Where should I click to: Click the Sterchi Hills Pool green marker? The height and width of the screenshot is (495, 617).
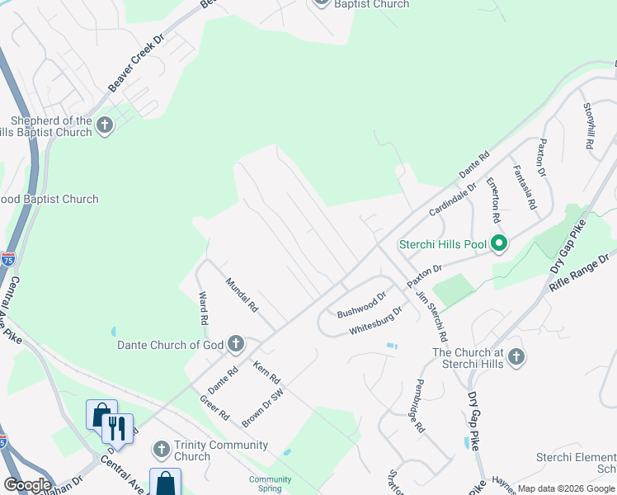coord(498,243)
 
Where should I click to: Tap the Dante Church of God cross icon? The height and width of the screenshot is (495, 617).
coord(235,343)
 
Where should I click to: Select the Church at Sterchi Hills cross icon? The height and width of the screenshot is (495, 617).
coord(516,357)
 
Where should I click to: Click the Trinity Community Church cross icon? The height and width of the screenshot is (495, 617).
coord(161,450)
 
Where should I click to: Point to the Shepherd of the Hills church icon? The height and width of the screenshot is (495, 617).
coord(104,125)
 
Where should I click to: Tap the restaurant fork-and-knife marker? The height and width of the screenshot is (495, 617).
coord(117,429)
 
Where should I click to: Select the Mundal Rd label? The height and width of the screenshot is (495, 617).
coord(243,294)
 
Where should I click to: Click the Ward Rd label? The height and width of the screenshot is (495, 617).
coord(203,307)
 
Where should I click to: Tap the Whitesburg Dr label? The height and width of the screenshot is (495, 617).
coord(375,319)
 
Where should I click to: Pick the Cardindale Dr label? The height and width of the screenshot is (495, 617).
coord(453,200)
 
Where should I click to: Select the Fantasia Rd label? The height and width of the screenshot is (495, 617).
coord(525,187)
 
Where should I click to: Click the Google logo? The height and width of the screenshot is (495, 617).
coord(27,484)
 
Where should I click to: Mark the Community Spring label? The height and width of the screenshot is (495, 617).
coord(271,483)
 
